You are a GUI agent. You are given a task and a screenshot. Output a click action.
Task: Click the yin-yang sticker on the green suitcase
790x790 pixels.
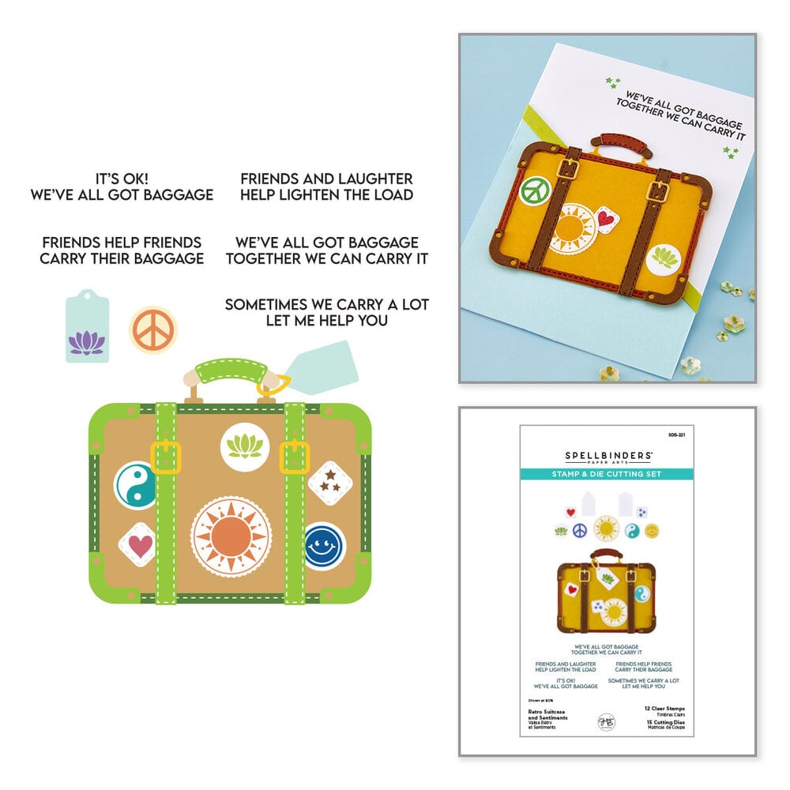(135, 486)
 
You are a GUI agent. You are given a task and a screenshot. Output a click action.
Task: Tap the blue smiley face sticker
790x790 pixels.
(325, 546)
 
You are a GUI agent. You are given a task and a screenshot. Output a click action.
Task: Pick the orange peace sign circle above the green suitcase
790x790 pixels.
(152, 330)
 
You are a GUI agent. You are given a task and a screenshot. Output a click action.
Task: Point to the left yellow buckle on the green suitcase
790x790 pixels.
(166, 457)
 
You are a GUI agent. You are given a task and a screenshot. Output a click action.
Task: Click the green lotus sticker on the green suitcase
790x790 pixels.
(243, 446)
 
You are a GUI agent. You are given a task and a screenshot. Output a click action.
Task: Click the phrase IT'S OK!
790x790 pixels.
(122, 179)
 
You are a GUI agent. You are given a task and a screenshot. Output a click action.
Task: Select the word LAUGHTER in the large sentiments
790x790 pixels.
(370, 179)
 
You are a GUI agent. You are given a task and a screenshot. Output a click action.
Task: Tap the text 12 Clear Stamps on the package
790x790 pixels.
(660, 709)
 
